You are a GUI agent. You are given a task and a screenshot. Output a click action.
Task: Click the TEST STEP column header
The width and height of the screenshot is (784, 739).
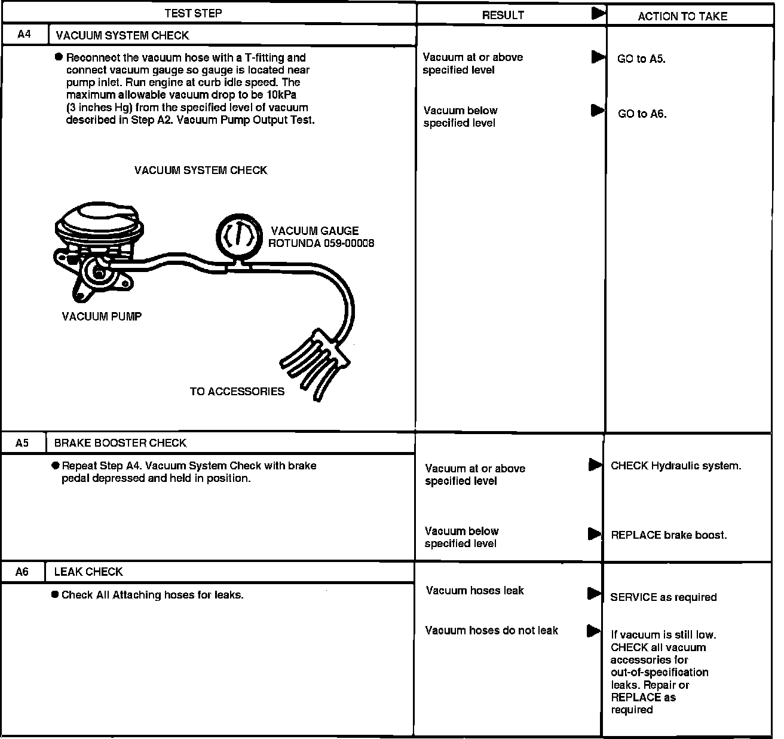click(193, 13)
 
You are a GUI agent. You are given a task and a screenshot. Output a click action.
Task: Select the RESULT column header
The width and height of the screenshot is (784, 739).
click(503, 16)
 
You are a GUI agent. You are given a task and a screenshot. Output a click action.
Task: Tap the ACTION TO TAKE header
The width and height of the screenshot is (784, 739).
click(682, 17)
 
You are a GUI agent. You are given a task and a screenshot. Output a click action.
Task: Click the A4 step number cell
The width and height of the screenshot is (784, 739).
click(24, 35)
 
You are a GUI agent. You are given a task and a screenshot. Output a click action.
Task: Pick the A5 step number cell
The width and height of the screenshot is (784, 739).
click(22, 443)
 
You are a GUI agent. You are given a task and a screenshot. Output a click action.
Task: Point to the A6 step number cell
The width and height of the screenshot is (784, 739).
click(22, 572)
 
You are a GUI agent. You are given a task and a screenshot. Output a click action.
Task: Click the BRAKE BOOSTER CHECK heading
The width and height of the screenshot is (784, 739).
click(120, 443)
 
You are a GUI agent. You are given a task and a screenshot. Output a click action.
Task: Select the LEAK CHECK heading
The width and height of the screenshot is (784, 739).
click(88, 572)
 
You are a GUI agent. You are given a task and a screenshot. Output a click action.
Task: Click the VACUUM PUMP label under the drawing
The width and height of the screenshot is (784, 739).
click(102, 316)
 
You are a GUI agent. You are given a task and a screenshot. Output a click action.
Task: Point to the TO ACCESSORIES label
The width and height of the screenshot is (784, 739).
click(237, 392)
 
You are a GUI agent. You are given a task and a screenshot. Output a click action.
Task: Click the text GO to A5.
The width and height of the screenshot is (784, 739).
click(641, 59)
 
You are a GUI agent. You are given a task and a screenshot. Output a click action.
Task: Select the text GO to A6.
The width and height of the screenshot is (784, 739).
click(642, 114)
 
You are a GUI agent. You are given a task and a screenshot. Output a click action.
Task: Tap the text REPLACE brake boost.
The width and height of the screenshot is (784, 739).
click(669, 535)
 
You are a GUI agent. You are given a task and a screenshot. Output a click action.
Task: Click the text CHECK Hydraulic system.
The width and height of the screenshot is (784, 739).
click(676, 466)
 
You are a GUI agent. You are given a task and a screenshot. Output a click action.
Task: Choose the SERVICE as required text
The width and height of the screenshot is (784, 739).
click(663, 597)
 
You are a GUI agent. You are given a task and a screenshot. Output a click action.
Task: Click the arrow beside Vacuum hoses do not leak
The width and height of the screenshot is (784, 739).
click(593, 630)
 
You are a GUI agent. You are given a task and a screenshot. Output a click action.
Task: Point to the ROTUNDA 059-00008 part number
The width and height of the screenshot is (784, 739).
click(321, 243)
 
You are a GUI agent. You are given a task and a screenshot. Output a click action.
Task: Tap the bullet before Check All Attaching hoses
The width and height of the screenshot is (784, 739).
click(55, 595)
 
